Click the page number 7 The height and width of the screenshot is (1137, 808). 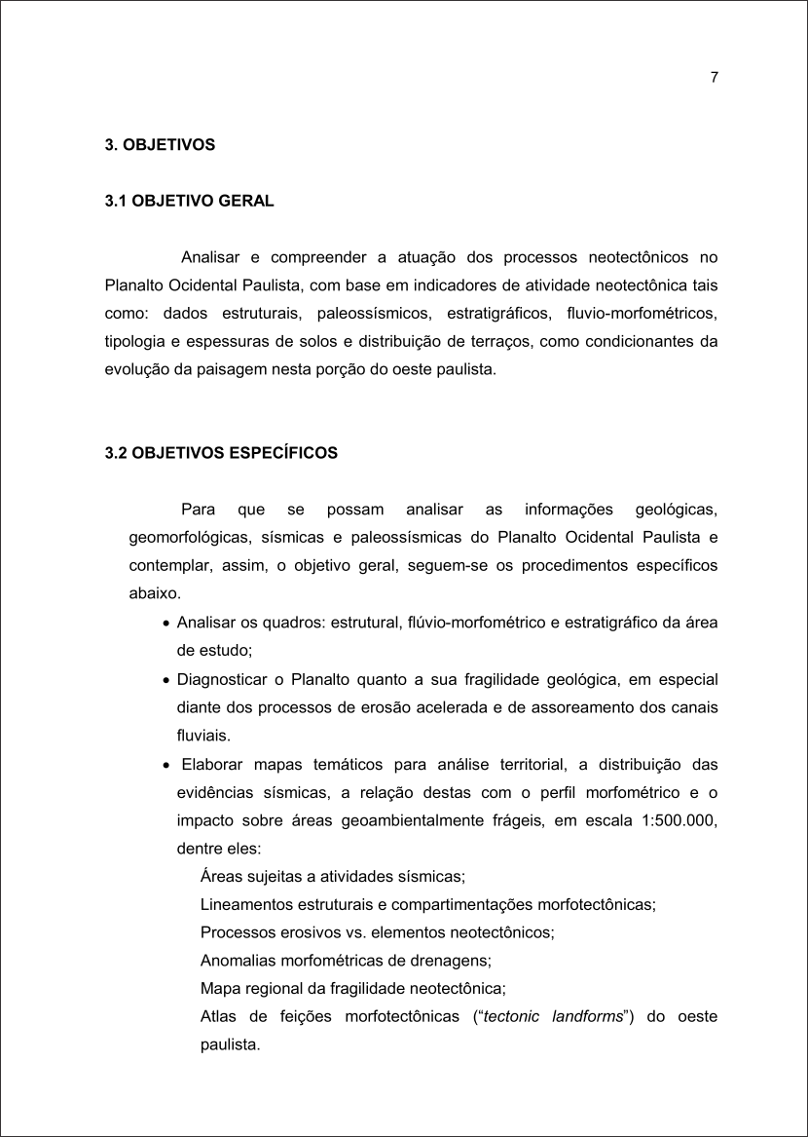click(x=715, y=79)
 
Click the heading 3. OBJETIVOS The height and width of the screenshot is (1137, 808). click(x=160, y=145)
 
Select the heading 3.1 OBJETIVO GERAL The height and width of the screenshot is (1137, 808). click(x=189, y=202)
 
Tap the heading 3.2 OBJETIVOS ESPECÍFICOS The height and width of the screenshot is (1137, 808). click(x=221, y=453)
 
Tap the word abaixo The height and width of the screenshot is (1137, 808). click(x=154, y=593)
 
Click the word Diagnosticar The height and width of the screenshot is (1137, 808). click(x=220, y=679)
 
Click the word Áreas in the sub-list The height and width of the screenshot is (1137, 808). click(x=219, y=876)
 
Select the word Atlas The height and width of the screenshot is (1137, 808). click(x=217, y=1016)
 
